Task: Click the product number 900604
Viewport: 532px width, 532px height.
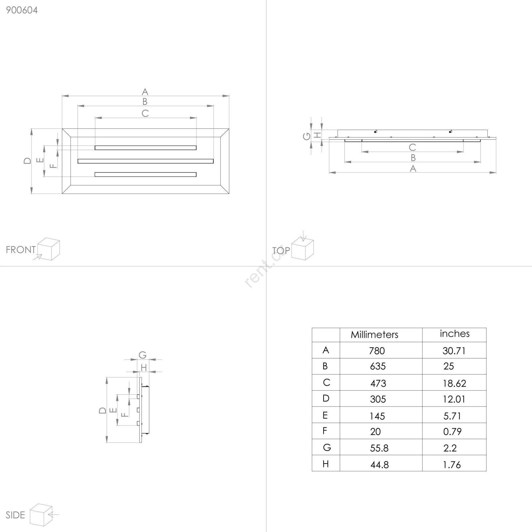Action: pyautogui.click(x=22, y=10)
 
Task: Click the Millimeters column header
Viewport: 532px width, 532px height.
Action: pyautogui.click(x=374, y=334)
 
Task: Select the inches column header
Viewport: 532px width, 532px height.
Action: pyautogui.click(x=455, y=333)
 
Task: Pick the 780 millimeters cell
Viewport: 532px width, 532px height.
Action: pyautogui.click(x=377, y=351)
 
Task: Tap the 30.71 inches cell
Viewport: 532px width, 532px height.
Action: pyautogui.click(x=454, y=351)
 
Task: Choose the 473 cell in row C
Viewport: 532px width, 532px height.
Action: pyautogui.click(x=378, y=383)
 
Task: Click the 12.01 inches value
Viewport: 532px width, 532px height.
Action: pyautogui.click(x=454, y=399)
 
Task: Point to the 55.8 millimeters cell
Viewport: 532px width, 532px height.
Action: pyautogui.click(x=379, y=448)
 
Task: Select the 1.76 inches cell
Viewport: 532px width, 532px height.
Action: pyautogui.click(x=452, y=465)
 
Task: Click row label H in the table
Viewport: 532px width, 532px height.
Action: pyautogui.click(x=326, y=464)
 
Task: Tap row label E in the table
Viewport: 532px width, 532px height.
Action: pyautogui.click(x=325, y=415)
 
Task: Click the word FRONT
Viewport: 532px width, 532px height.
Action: pyautogui.click(x=21, y=250)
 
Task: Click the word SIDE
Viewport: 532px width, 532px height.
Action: pyautogui.click(x=15, y=515)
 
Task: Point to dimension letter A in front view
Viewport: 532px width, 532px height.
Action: pyautogui.click(x=145, y=92)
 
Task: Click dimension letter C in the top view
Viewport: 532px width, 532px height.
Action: pyautogui.click(x=412, y=147)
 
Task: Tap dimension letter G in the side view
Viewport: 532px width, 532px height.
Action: pyautogui.click(x=143, y=355)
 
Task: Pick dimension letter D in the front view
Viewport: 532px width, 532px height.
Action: pyautogui.click(x=27, y=161)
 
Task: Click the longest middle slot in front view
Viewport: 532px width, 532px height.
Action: pyautogui.click(x=146, y=161)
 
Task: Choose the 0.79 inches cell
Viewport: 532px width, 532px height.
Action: pyautogui.click(x=452, y=432)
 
